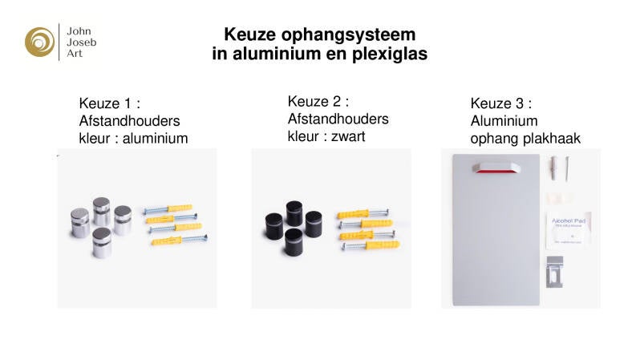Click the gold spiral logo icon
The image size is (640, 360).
(x=39, y=41)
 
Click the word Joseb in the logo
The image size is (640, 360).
(x=81, y=41)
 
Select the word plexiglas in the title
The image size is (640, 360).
(x=391, y=55)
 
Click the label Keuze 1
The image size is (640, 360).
(x=105, y=103)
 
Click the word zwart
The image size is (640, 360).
(x=346, y=136)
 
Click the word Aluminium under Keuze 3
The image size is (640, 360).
(x=504, y=121)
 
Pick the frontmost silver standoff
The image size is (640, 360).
(x=103, y=243)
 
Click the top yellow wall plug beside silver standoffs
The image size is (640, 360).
(x=168, y=210)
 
